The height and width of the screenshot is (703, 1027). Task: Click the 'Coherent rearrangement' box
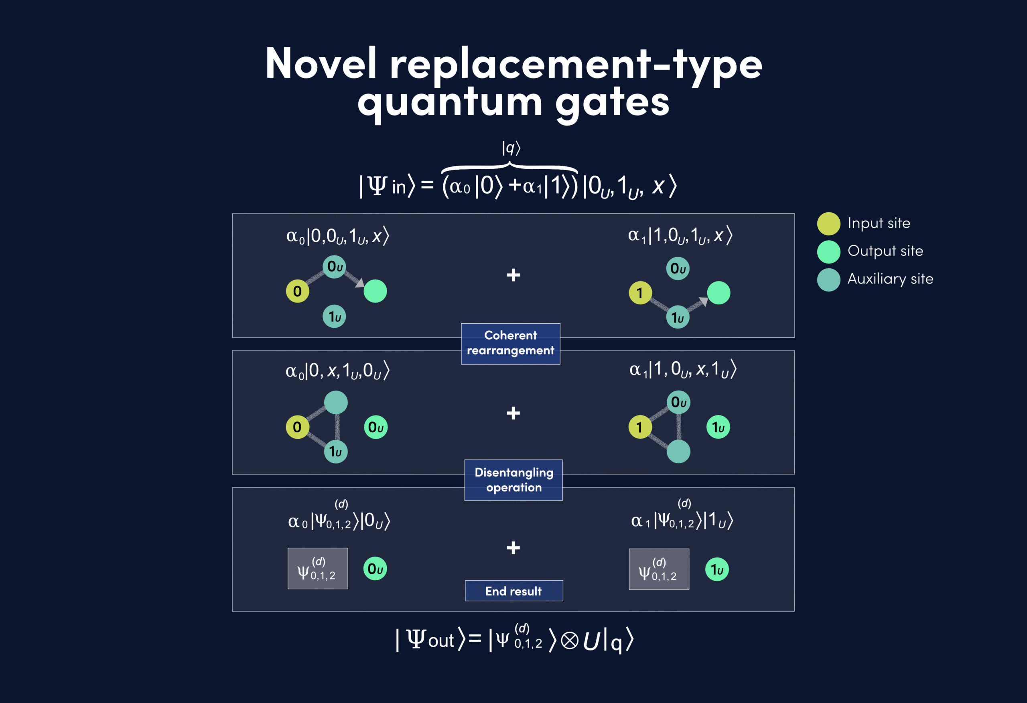coord(510,344)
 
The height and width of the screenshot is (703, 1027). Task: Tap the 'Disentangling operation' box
coord(513,480)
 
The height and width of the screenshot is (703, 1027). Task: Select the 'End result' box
coord(514,591)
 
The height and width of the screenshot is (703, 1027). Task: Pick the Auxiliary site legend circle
coord(828,280)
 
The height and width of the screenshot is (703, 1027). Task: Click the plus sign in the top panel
coord(513,275)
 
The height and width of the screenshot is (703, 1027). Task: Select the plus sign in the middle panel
coord(513,413)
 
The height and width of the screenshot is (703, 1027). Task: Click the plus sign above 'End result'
coord(513,548)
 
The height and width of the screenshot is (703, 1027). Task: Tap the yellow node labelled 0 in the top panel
coord(297,291)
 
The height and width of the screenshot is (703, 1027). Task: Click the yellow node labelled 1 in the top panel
coord(640,293)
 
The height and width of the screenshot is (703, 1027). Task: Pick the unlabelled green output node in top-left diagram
coord(375,291)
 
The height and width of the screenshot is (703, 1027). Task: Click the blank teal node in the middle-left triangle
coord(336,403)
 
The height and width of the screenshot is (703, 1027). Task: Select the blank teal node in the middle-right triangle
coord(678,452)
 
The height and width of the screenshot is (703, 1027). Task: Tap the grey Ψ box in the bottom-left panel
coord(318,569)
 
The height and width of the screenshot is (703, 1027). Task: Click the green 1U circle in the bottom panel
coord(717,569)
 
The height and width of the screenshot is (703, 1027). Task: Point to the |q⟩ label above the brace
coord(511,148)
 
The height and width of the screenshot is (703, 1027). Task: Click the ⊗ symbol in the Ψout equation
coord(570,641)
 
